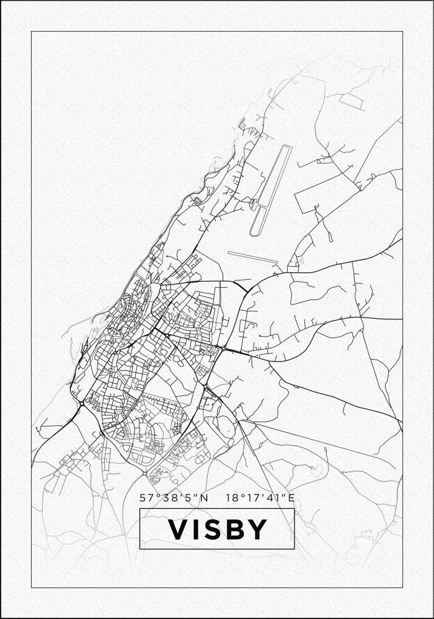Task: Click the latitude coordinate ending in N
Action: coord(174,498)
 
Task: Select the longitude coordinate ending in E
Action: coord(260,498)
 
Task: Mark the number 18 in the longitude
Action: coord(232,498)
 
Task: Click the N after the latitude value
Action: coord(205,498)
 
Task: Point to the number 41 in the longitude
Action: coord(273,498)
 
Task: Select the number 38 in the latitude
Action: coord(166,498)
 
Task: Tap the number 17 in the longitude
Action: coord(252,498)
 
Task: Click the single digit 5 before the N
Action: coord(188,498)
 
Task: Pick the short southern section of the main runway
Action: coord(257,222)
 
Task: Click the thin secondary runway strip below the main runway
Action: coord(252,256)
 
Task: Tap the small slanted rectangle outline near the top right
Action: coord(351,102)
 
